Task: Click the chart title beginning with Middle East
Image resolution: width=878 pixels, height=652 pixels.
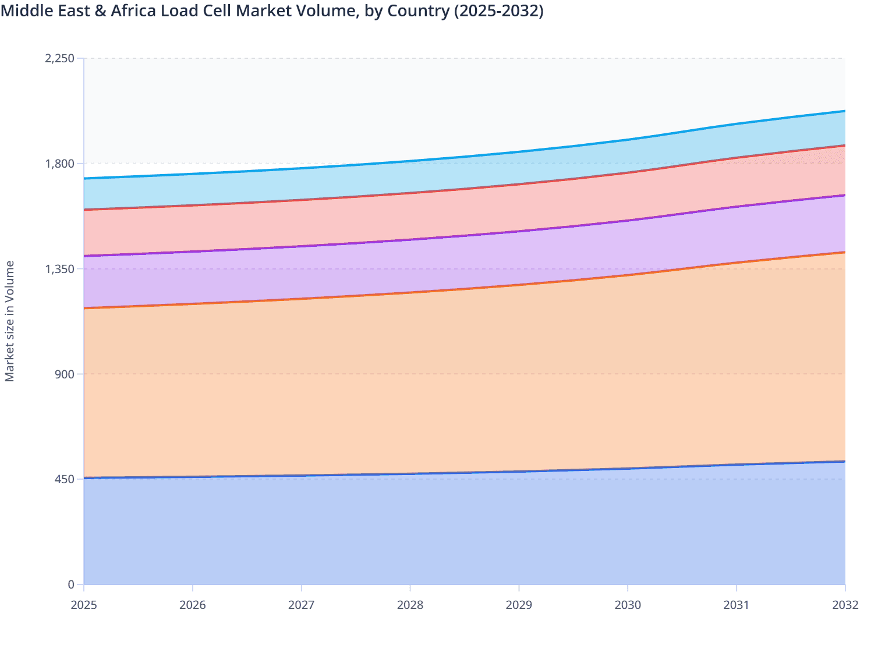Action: (x=272, y=11)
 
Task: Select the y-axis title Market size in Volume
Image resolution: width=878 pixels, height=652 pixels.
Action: (x=10, y=321)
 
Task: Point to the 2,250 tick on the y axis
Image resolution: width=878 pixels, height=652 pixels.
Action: (x=59, y=58)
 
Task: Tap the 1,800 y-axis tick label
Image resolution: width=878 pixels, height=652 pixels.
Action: (x=59, y=164)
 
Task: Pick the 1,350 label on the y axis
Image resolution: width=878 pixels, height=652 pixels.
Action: (x=59, y=269)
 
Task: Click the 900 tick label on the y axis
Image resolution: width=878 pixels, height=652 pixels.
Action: (x=64, y=374)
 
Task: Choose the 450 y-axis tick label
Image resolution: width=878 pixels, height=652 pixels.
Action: (x=64, y=479)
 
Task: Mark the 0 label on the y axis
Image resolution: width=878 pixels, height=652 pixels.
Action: (x=71, y=584)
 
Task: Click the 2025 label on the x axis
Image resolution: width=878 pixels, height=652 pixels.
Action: (x=84, y=605)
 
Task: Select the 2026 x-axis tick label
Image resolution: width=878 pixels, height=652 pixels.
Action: (x=193, y=605)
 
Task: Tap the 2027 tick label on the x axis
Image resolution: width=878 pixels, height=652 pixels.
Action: (x=302, y=605)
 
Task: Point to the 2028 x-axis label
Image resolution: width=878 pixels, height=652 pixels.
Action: (x=410, y=605)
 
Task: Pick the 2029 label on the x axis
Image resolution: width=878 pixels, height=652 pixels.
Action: (x=519, y=605)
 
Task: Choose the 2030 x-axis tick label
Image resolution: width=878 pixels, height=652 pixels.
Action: (x=628, y=605)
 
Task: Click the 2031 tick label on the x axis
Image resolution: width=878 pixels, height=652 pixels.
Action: (x=737, y=605)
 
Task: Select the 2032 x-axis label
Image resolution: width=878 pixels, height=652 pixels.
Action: (x=845, y=605)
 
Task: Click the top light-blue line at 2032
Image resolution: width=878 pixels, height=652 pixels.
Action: (x=844, y=111)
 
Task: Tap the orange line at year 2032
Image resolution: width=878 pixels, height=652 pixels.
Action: (x=844, y=252)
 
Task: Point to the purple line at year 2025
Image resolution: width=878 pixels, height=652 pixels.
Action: (x=86, y=256)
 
